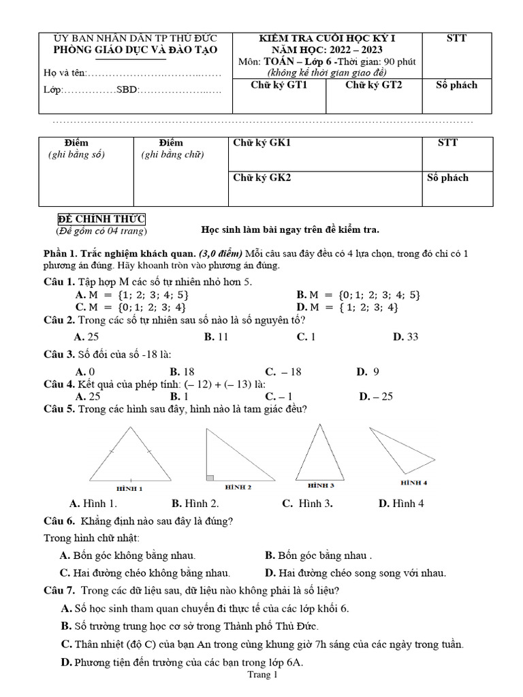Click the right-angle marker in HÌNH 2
[x=210, y=477]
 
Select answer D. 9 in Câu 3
[x=368, y=372]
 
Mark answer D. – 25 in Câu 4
[x=376, y=396]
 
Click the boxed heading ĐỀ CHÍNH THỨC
[x=101, y=218]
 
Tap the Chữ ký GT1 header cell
[x=279, y=85]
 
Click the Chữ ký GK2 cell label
[x=262, y=178]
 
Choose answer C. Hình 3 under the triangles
[x=307, y=504]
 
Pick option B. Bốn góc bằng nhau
[x=319, y=555]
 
